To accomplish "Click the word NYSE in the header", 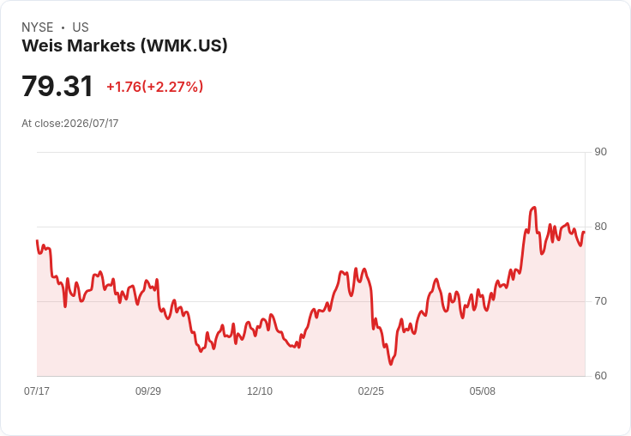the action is (38, 27).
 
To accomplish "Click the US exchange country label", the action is (81, 27).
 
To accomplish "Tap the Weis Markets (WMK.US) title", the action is (125, 45).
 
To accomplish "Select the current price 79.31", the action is (57, 86).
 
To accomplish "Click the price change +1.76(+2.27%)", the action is (155, 87).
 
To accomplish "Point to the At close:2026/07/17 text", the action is (70, 124).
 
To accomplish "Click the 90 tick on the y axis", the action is (600, 152).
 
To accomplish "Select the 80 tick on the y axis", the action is (600, 227).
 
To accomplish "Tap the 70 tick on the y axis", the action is (600, 301).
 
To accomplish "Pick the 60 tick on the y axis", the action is (600, 376).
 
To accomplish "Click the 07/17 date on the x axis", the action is (37, 391).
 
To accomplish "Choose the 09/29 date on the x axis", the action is (148, 391).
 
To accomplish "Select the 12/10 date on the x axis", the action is (260, 391).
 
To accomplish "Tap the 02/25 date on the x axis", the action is (371, 391).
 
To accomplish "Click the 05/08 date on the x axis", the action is (483, 391).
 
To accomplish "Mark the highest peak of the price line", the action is (534, 207).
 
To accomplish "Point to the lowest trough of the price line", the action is (391, 364).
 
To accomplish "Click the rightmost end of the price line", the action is (585, 232).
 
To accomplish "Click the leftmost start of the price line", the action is (37, 240).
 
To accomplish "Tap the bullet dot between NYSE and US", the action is (63, 27).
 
